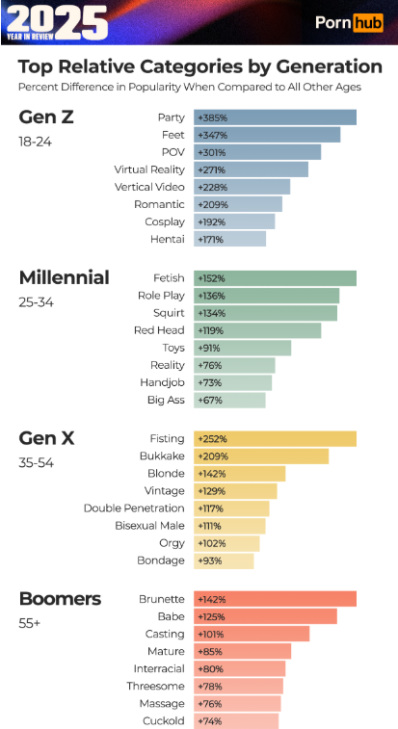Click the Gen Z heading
click(46, 117)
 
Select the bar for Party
click(275, 117)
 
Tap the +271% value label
click(211, 170)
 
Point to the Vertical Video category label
click(149, 188)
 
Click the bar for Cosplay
click(234, 222)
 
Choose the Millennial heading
click(65, 278)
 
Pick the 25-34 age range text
click(37, 302)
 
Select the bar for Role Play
click(267, 296)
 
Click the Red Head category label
click(159, 330)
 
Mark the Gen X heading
click(46, 438)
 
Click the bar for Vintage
click(235, 491)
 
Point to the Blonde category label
click(166, 474)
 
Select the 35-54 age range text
click(37, 463)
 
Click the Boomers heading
click(60, 599)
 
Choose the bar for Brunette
click(275, 599)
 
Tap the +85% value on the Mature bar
click(210, 652)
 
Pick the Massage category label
click(163, 703)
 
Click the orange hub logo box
click(368, 22)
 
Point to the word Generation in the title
click(330, 66)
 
